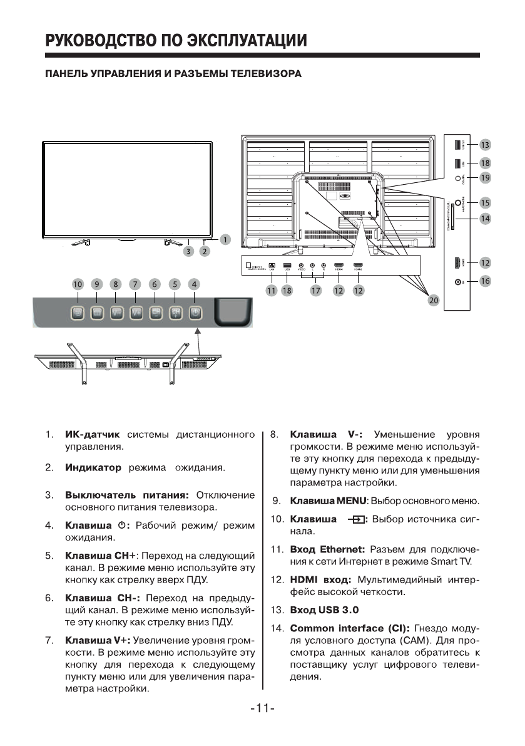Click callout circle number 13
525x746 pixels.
click(485, 145)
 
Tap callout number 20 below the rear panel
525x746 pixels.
click(432, 300)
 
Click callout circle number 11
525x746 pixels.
click(272, 290)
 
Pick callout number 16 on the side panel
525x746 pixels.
click(485, 281)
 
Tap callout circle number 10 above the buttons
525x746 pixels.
click(76, 284)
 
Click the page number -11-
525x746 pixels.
click(262, 708)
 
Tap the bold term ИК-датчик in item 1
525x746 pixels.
click(92, 435)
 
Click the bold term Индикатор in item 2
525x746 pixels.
click(93, 467)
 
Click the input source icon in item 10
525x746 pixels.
click(357, 519)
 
